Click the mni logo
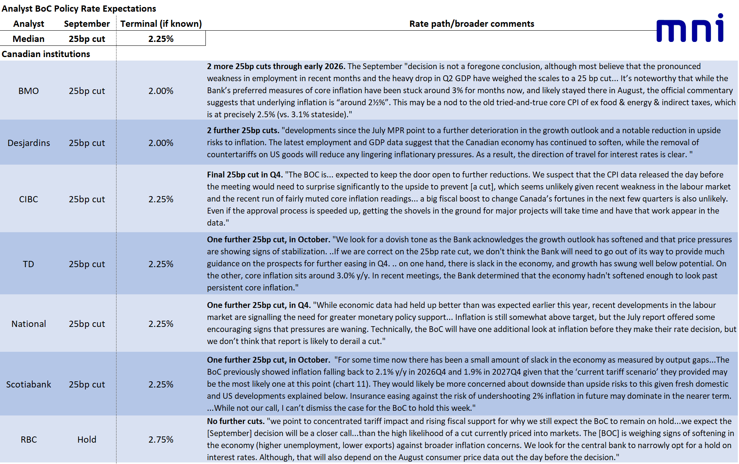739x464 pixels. (x=690, y=28)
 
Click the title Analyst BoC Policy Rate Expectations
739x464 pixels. (x=79, y=9)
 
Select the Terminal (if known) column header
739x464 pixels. (x=161, y=24)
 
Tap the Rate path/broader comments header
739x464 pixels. (x=471, y=24)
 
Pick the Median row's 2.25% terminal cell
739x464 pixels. (x=161, y=39)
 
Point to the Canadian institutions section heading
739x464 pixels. (x=46, y=54)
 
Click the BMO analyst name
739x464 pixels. (x=29, y=91)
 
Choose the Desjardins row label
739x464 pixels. (x=29, y=143)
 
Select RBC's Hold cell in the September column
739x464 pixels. (x=87, y=440)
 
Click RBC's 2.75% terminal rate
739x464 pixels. (x=161, y=440)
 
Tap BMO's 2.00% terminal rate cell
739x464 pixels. (x=161, y=91)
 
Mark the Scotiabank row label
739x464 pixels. (x=29, y=384)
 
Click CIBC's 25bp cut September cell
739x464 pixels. (x=87, y=199)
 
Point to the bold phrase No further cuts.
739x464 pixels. (x=236, y=421)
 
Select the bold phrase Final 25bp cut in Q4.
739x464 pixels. (x=245, y=175)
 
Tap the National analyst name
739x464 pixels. (x=29, y=324)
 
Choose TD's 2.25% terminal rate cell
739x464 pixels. (x=161, y=264)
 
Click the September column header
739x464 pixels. (x=87, y=24)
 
